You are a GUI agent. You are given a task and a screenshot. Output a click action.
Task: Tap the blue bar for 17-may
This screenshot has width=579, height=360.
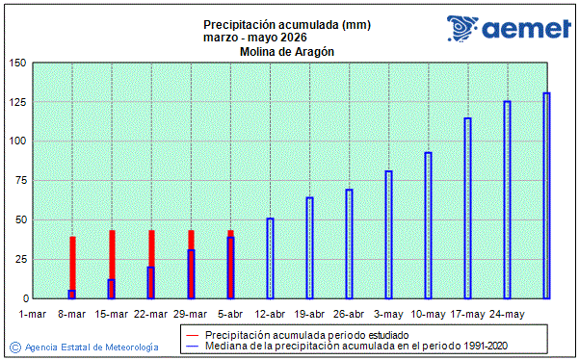tap(467, 208)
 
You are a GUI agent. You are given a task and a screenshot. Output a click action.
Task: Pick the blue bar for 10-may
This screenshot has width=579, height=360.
tap(428, 225)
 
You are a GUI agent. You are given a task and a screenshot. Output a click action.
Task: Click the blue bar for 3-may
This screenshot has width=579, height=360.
tap(388, 235)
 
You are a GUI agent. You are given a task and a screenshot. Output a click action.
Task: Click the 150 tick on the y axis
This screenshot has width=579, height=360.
tap(17, 63)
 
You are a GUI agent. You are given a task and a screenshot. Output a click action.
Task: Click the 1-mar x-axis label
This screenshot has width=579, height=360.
tap(33, 314)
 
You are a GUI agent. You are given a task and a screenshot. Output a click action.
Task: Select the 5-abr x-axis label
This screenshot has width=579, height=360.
tap(230, 314)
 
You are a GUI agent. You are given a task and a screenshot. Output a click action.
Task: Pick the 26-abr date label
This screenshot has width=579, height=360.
tap(349, 314)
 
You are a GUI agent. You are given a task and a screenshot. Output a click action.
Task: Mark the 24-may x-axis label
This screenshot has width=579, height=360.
tap(507, 314)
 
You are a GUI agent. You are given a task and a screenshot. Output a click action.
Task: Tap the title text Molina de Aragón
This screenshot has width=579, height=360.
tap(287, 52)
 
